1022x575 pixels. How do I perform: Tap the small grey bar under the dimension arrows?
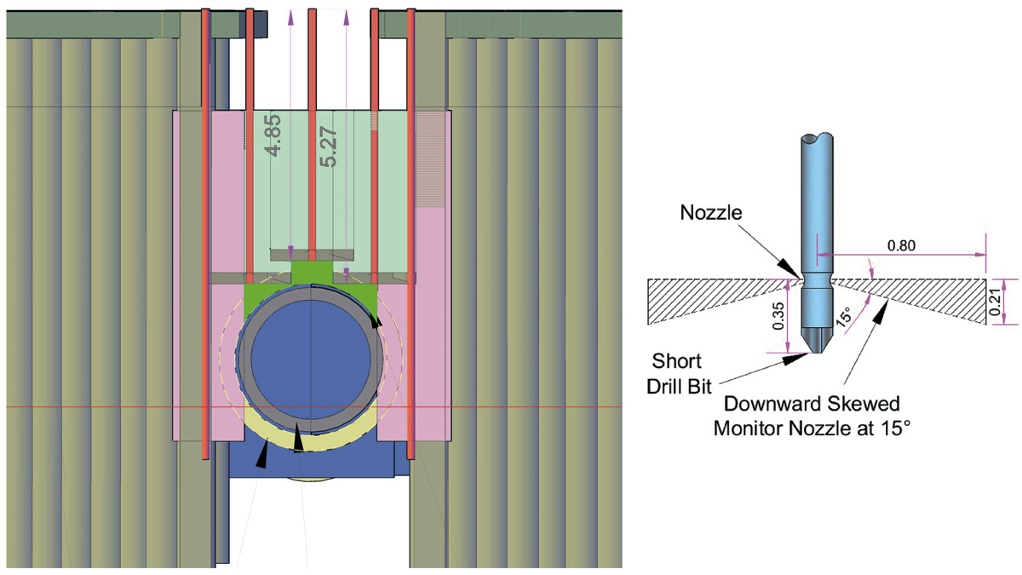[x=312, y=255]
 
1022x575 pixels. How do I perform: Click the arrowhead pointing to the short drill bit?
[x=792, y=360]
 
